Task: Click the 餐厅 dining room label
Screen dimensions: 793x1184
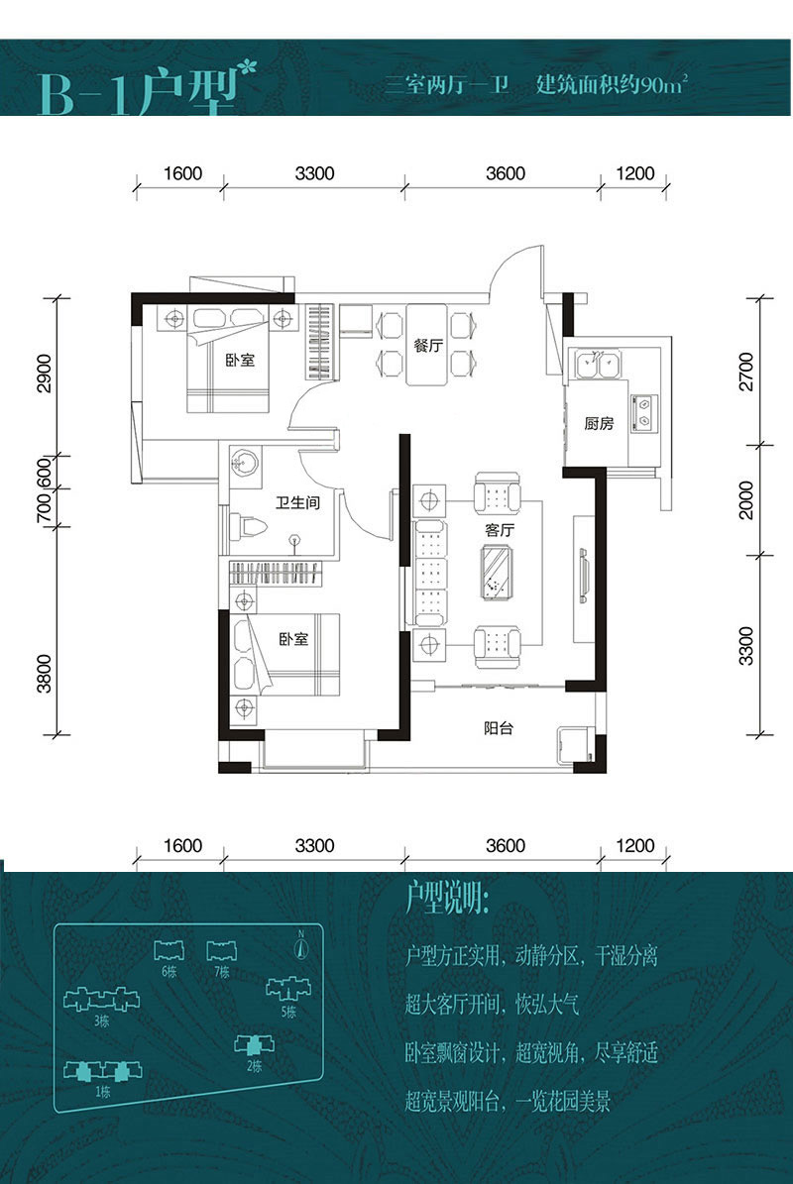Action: point(427,346)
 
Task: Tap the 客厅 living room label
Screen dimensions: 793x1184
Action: point(500,530)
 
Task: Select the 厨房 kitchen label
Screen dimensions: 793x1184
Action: point(599,424)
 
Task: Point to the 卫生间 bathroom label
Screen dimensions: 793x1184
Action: point(297,502)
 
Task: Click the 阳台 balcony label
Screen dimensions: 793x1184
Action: point(499,728)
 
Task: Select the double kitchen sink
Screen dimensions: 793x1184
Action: point(598,364)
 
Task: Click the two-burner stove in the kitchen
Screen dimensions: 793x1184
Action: point(644,413)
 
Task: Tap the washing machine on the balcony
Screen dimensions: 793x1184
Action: point(574,747)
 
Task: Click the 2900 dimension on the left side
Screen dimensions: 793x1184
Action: point(45,373)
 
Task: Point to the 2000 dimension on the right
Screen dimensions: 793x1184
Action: point(746,500)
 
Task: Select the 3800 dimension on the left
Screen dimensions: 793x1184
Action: point(45,674)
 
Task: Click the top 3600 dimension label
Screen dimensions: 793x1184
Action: point(506,173)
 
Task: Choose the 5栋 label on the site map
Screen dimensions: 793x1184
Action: point(288,1012)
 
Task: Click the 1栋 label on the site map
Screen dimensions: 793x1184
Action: point(103,1092)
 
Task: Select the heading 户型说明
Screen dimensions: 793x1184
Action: point(447,899)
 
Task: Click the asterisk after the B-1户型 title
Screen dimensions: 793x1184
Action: point(247,69)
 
